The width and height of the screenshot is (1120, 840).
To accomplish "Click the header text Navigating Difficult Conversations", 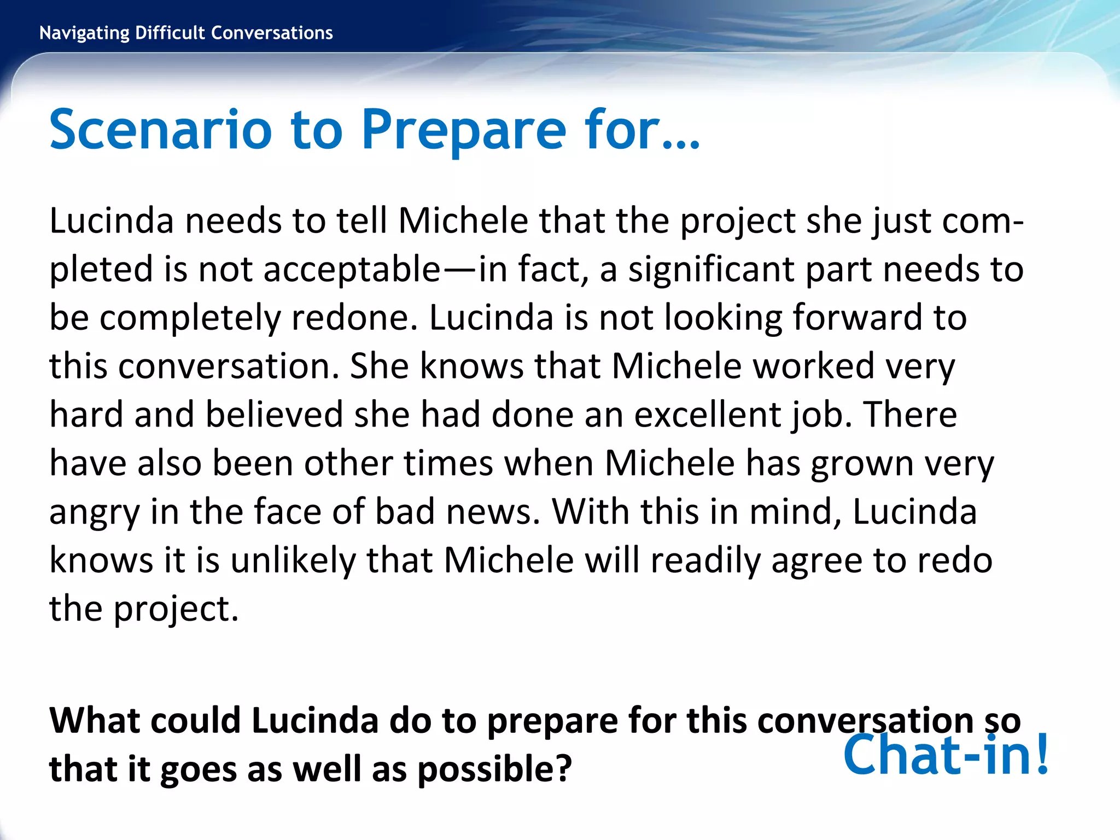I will pyautogui.click(x=186, y=33).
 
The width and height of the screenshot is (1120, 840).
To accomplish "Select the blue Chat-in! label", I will pyautogui.click(x=946, y=755).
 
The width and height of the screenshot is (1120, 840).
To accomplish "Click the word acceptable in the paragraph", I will pyautogui.click(x=351, y=270).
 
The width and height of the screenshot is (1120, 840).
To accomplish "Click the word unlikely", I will pyautogui.click(x=293, y=561).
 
